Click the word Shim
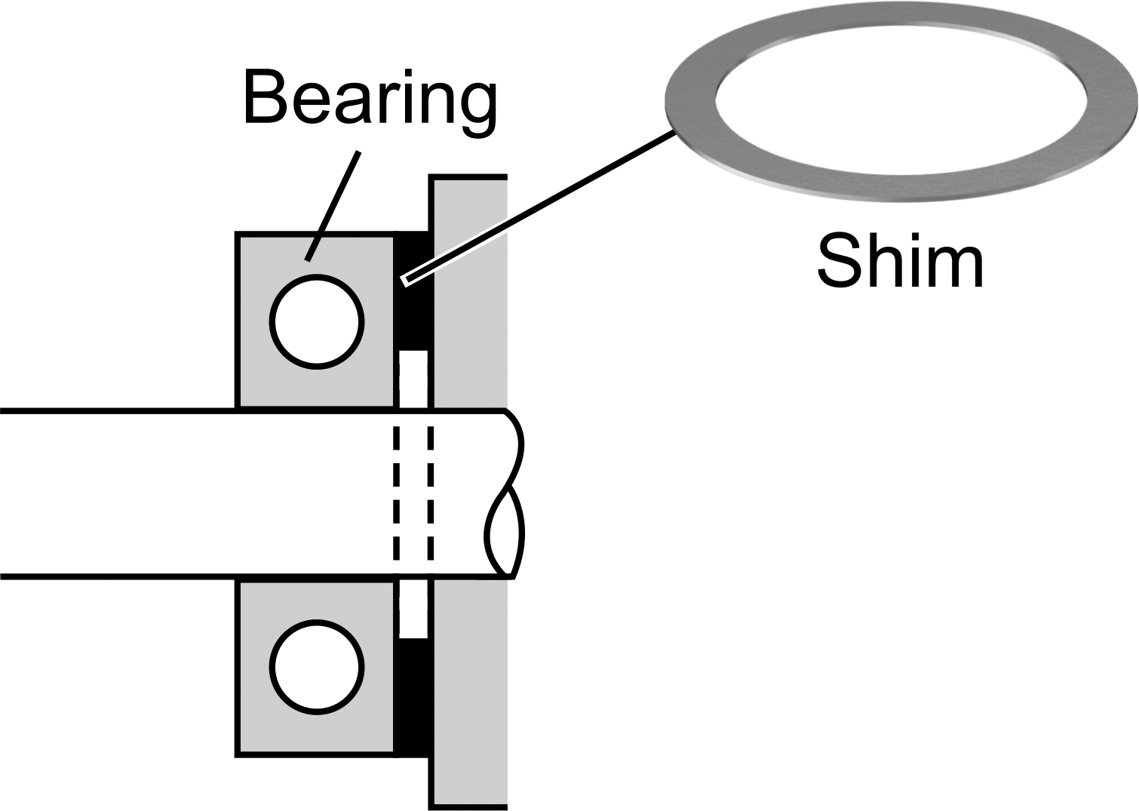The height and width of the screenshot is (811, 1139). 899,261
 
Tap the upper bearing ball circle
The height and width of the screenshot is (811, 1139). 317,321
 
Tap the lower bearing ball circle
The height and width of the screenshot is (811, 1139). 317,667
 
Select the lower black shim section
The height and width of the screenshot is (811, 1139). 414,696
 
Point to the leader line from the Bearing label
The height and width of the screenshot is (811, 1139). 333,207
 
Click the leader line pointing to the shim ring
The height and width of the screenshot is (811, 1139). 539,207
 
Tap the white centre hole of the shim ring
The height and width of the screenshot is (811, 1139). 901,99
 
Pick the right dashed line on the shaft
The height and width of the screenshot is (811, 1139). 430,493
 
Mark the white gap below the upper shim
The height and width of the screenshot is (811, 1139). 413,379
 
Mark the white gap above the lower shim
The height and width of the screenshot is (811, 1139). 413,609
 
